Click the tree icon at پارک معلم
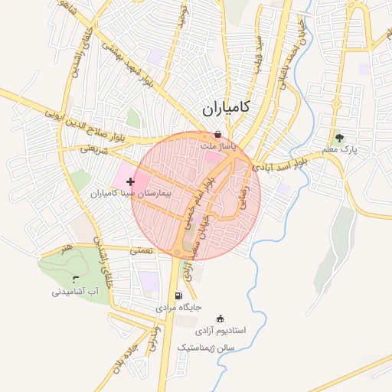[339, 138]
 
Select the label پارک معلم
[339, 149]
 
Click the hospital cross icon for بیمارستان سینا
[130, 181]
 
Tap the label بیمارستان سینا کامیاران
[133, 194]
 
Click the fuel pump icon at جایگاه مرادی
[178, 296]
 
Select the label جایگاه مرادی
[178, 307]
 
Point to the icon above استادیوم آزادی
[220, 318]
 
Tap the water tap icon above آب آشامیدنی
[74, 279]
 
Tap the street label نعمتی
[142, 250]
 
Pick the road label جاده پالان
[117, 364]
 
